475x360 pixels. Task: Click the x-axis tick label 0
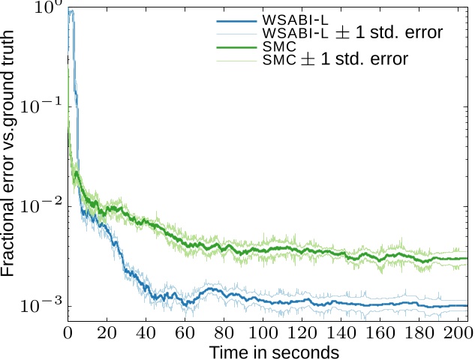(68, 333)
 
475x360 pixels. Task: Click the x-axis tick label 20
(107, 333)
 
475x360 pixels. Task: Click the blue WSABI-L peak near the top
(71, 10)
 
